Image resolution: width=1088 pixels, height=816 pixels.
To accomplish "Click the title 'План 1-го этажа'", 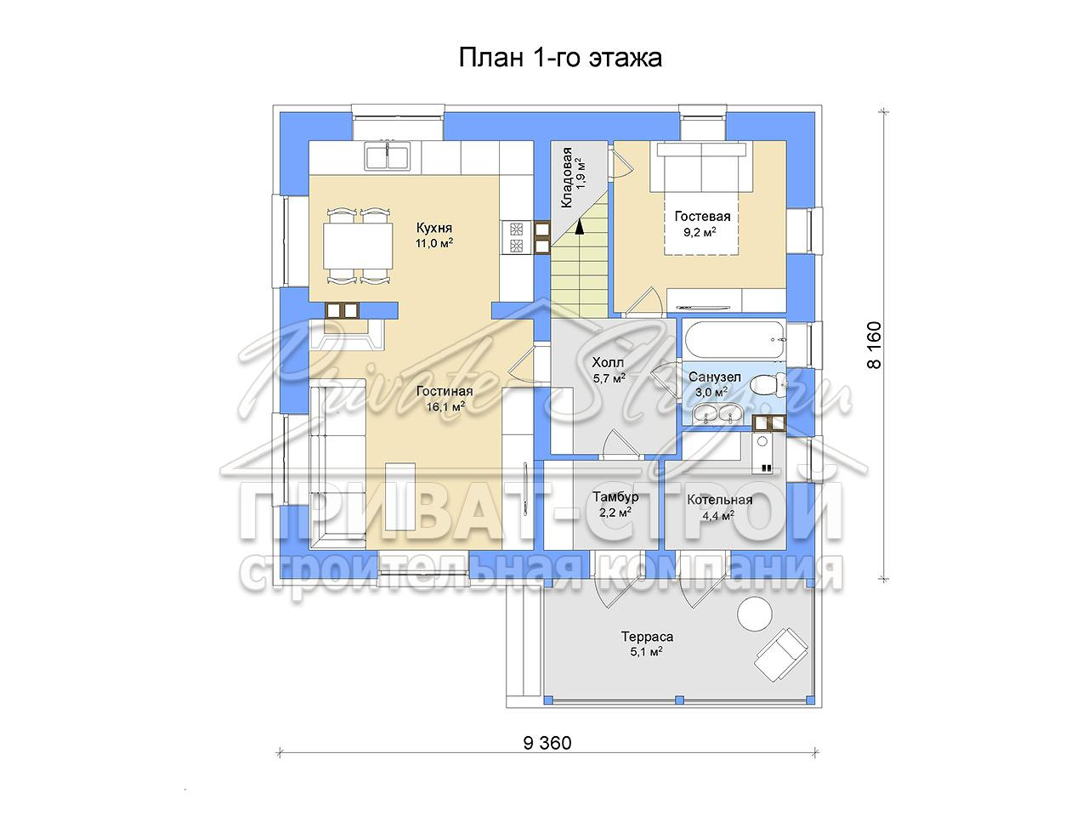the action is [559, 58].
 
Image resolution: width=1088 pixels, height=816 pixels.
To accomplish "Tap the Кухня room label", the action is [434, 228].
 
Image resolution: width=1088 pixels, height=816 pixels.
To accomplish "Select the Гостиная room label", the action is [445, 391].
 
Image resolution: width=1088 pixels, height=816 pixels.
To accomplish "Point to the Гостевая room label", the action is [702, 217].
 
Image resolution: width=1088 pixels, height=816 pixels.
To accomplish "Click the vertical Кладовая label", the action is [567, 178].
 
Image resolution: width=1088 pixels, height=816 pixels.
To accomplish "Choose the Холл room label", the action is [608, 363].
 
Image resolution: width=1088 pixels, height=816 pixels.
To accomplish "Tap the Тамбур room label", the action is [615, 496].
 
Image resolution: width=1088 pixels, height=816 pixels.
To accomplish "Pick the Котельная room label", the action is [720, 500].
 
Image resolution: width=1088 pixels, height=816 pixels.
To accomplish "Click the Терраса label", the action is [648, 636].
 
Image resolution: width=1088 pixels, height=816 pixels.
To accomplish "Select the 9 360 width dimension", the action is [547, 756].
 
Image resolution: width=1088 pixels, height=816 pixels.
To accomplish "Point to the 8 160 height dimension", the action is [875, 345].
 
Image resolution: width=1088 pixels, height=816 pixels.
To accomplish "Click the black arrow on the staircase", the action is [579, 226].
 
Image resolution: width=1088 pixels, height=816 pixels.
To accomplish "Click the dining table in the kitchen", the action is [358, 246].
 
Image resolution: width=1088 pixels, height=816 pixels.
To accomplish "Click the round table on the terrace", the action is [755, 614].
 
